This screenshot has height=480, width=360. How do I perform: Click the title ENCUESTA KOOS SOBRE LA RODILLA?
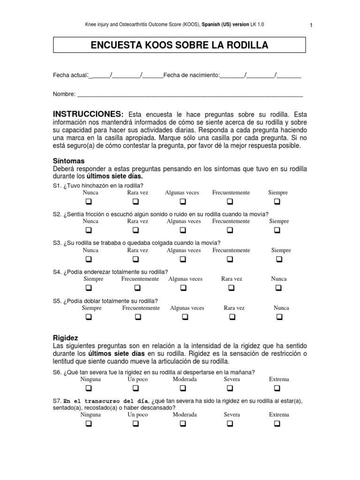180,45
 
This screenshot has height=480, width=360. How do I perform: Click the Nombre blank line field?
190,95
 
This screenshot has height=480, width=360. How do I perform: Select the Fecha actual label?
70,75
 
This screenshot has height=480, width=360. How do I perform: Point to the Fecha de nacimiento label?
191,75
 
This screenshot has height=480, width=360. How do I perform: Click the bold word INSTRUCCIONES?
88,114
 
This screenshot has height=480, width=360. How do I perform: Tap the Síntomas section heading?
68,161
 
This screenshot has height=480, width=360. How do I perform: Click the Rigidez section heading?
66,337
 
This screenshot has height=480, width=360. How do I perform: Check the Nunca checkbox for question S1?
88,202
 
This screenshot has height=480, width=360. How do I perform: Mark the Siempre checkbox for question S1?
277,202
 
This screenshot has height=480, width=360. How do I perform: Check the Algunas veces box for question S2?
183,230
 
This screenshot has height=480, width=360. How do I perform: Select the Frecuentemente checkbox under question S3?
230,259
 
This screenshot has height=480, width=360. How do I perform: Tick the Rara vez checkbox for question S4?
231,288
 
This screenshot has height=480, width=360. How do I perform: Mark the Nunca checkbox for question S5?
279,317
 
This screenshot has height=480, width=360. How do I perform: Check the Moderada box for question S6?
183,388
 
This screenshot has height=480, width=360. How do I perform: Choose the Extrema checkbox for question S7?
277,424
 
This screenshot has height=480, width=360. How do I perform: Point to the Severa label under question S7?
232,415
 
